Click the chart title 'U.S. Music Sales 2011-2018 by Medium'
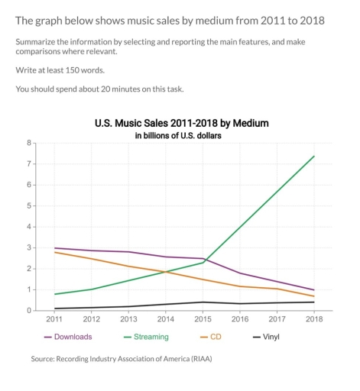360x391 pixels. pyautogui.click(x=181, y=122)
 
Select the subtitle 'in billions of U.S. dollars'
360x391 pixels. pyautogui.click(x=181, y=135)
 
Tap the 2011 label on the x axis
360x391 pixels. pyautogui.click(x=54, y=319)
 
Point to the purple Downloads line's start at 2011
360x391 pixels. pyautogui.click(x=54, y=248)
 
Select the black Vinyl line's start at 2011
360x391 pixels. pyautogui.click(x=54, y=309)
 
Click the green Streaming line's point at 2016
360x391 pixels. pyautogui.click(x=240, y=227)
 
